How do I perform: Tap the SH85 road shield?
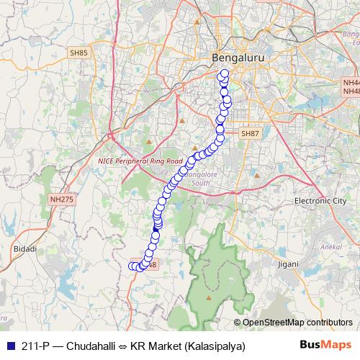point(78,53)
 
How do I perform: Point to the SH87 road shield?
point(249,134)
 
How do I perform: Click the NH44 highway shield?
point(351,84)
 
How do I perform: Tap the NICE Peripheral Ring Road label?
point(140,162)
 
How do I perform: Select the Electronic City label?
point(320,200)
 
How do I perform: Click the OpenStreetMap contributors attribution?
point(297,323)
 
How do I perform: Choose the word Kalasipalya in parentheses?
point(214,346)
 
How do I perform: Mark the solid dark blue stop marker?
point(156,227)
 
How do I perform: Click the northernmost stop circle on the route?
point(224,73)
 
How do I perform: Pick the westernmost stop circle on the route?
point(132,266)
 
